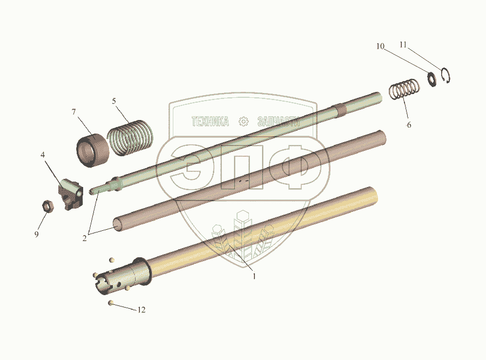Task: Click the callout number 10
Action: pyautogui.click(x=380, y=46)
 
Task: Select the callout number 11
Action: pyautogui.click(x=403, y=45)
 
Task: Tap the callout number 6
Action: pyautogui.click(x=409, y=125)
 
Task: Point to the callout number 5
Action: pyautogui.click(x=114, y=101)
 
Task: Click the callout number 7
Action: pyautogui.click(x=74, y=112)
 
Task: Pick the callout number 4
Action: pyautogui.click(x=43, y=155)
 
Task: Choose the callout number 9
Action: pyautogui.click(x=37, y=234)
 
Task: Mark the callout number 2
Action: pyautogui.click(x=84, y=238)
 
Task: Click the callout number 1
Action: pyautogui.click(x=254, y=276)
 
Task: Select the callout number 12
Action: pyautogui.click(x=141, y=310)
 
